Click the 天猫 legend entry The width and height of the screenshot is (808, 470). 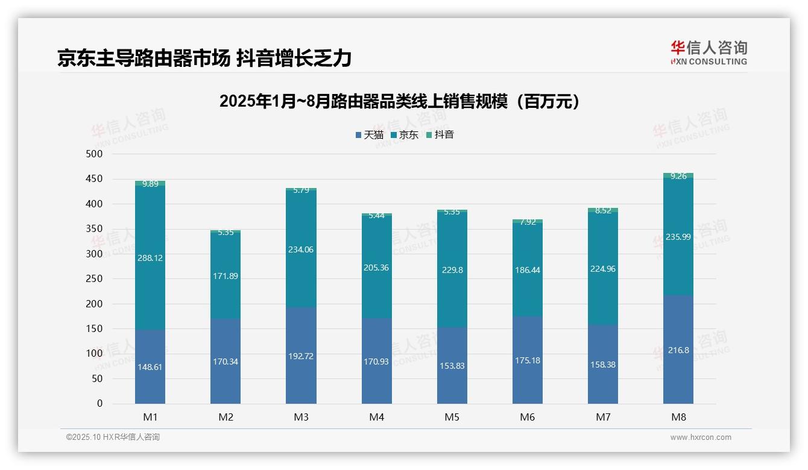pos(369,135)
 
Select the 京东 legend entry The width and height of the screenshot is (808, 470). pos(404,135)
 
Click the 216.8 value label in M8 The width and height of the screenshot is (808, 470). pos(678,350)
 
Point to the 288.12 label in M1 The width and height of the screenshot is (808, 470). pos(150,258)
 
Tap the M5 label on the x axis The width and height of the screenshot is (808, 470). pos(452,417)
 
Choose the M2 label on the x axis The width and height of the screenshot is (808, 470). pos(226,417)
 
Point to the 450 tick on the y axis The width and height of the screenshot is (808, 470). pos(95,179)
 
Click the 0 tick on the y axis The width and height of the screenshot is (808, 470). pos(99,404)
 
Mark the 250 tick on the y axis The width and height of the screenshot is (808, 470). pos(95,279)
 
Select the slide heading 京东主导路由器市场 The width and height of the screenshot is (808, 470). pos(204,58)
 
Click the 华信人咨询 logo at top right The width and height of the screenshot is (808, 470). pos(709,52)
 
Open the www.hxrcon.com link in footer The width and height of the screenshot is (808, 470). pos(700,437)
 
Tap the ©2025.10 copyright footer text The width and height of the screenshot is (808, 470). pos(113,437)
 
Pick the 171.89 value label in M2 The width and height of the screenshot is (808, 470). pos(226,276)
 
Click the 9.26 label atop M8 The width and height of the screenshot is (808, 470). pos(678,177)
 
